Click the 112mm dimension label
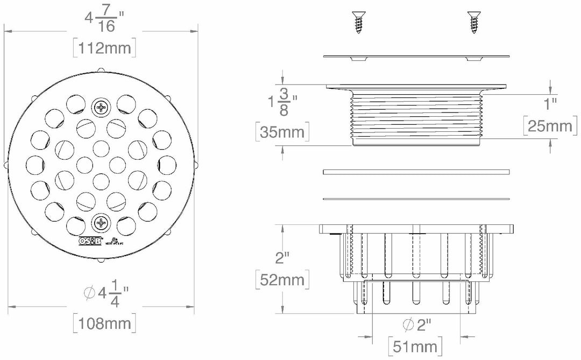pos(104,48)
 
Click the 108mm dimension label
pos(104,324)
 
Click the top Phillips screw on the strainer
pos(101,108)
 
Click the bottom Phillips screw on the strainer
pos(101,222)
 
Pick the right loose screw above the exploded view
pos(473,23)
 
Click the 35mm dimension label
pos(283,132)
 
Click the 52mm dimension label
pos(282,279)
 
